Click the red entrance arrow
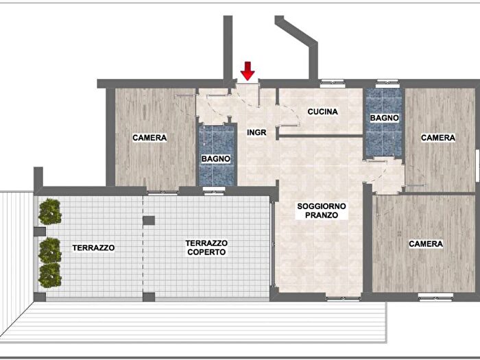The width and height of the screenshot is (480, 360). pyautogui.click(x=248, y=71)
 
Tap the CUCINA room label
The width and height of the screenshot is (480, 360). pyautogui.click(x=323, y=112)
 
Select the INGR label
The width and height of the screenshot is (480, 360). pyautogui.click(x=256, y=132)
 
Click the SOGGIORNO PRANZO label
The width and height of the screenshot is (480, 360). pyautogui.click(x=322, y=211)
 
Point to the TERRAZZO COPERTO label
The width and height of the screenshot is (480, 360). pyautogui.click(x=206, y=248)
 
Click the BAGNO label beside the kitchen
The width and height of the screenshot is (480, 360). pyautogui.click(x=384, y=118)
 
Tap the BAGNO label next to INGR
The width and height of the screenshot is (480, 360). pyautogui.click(x=216, y=159)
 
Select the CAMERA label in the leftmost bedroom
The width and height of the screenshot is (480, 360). pyautogui.click(x=149, y=138)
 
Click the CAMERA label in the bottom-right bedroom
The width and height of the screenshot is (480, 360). pyautogui.click(x=426, y=244)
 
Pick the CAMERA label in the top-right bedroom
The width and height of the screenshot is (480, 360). pyautogui.click(x=438, y=138)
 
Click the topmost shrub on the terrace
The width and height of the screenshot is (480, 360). pyautogui.click(x=50, y=211)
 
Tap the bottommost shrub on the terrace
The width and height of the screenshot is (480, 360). pyautogui.click(x=50, y=275)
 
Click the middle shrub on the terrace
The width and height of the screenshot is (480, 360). pyautogui.click(x=50, y=250)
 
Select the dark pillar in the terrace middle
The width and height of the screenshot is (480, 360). pyautogui.click(x=149, y=220)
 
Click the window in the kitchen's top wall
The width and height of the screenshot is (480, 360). pyautogui.click(x=333, y=82)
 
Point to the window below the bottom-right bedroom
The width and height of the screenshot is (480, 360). pyautogui.click(x=435, y=297)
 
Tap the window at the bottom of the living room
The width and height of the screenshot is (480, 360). pyautogui.click(x=343, y=298)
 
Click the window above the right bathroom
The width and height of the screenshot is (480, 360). pyautogui.click(x=387, y=82)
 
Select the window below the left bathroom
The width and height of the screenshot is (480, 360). pyautogui.click(x=214, y=191)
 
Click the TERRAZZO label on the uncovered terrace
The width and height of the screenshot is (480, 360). pyautogui.click(x=93, y=248)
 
